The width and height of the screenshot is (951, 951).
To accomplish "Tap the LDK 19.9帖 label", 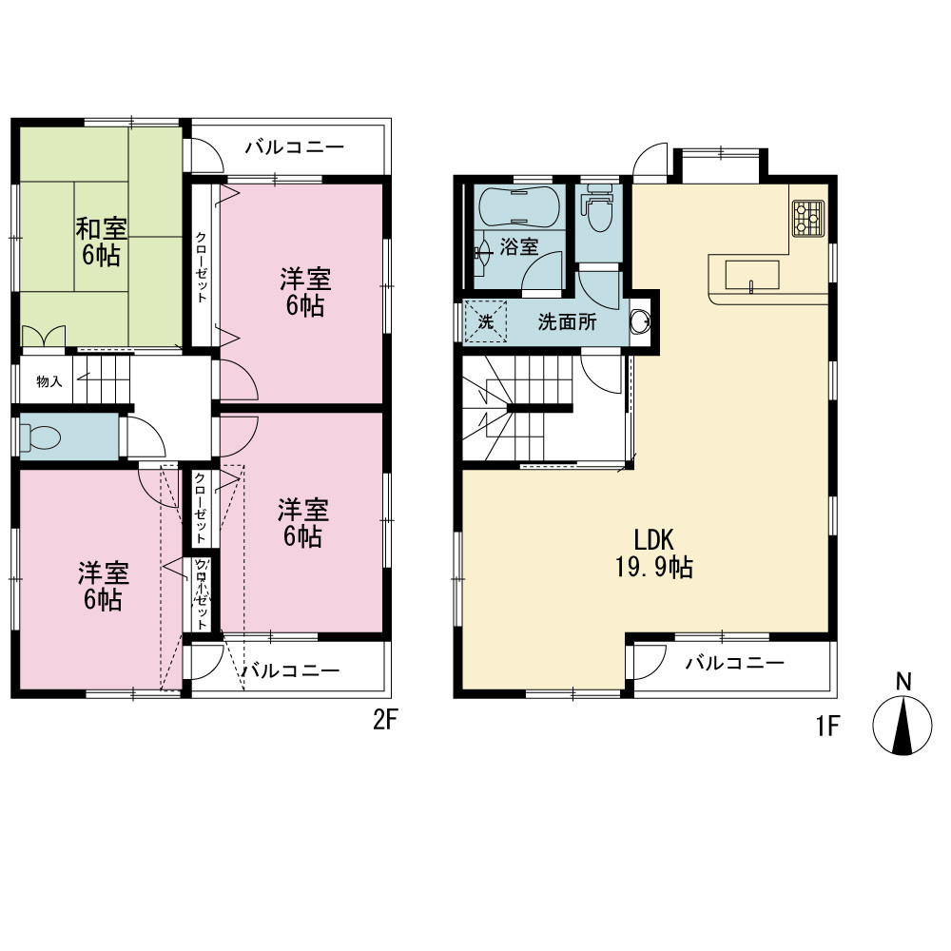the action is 654,553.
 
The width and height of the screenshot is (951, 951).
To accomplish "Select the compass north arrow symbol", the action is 902,725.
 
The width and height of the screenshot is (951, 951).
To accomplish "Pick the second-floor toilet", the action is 40,437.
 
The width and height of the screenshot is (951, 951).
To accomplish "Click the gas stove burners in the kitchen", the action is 808,218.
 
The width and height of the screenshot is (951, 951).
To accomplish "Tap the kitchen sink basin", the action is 752,276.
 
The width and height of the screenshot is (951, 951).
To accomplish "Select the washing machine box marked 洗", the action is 485,321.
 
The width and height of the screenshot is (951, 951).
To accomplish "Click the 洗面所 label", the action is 567,322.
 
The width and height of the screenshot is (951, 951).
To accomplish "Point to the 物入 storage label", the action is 49,381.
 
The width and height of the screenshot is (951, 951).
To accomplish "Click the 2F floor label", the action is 384,720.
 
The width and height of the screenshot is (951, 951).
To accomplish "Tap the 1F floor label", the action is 828,726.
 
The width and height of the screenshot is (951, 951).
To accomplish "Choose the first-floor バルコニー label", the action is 735,663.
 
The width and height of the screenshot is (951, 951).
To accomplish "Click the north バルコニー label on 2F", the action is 295,146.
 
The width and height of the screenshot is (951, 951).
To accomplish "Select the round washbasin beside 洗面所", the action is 640,322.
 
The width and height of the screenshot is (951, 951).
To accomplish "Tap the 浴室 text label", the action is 519,247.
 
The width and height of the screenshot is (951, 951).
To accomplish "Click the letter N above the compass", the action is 903,682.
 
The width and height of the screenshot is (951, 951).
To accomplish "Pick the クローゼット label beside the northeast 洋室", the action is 201,267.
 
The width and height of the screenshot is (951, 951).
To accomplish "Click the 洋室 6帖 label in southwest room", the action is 103,587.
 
